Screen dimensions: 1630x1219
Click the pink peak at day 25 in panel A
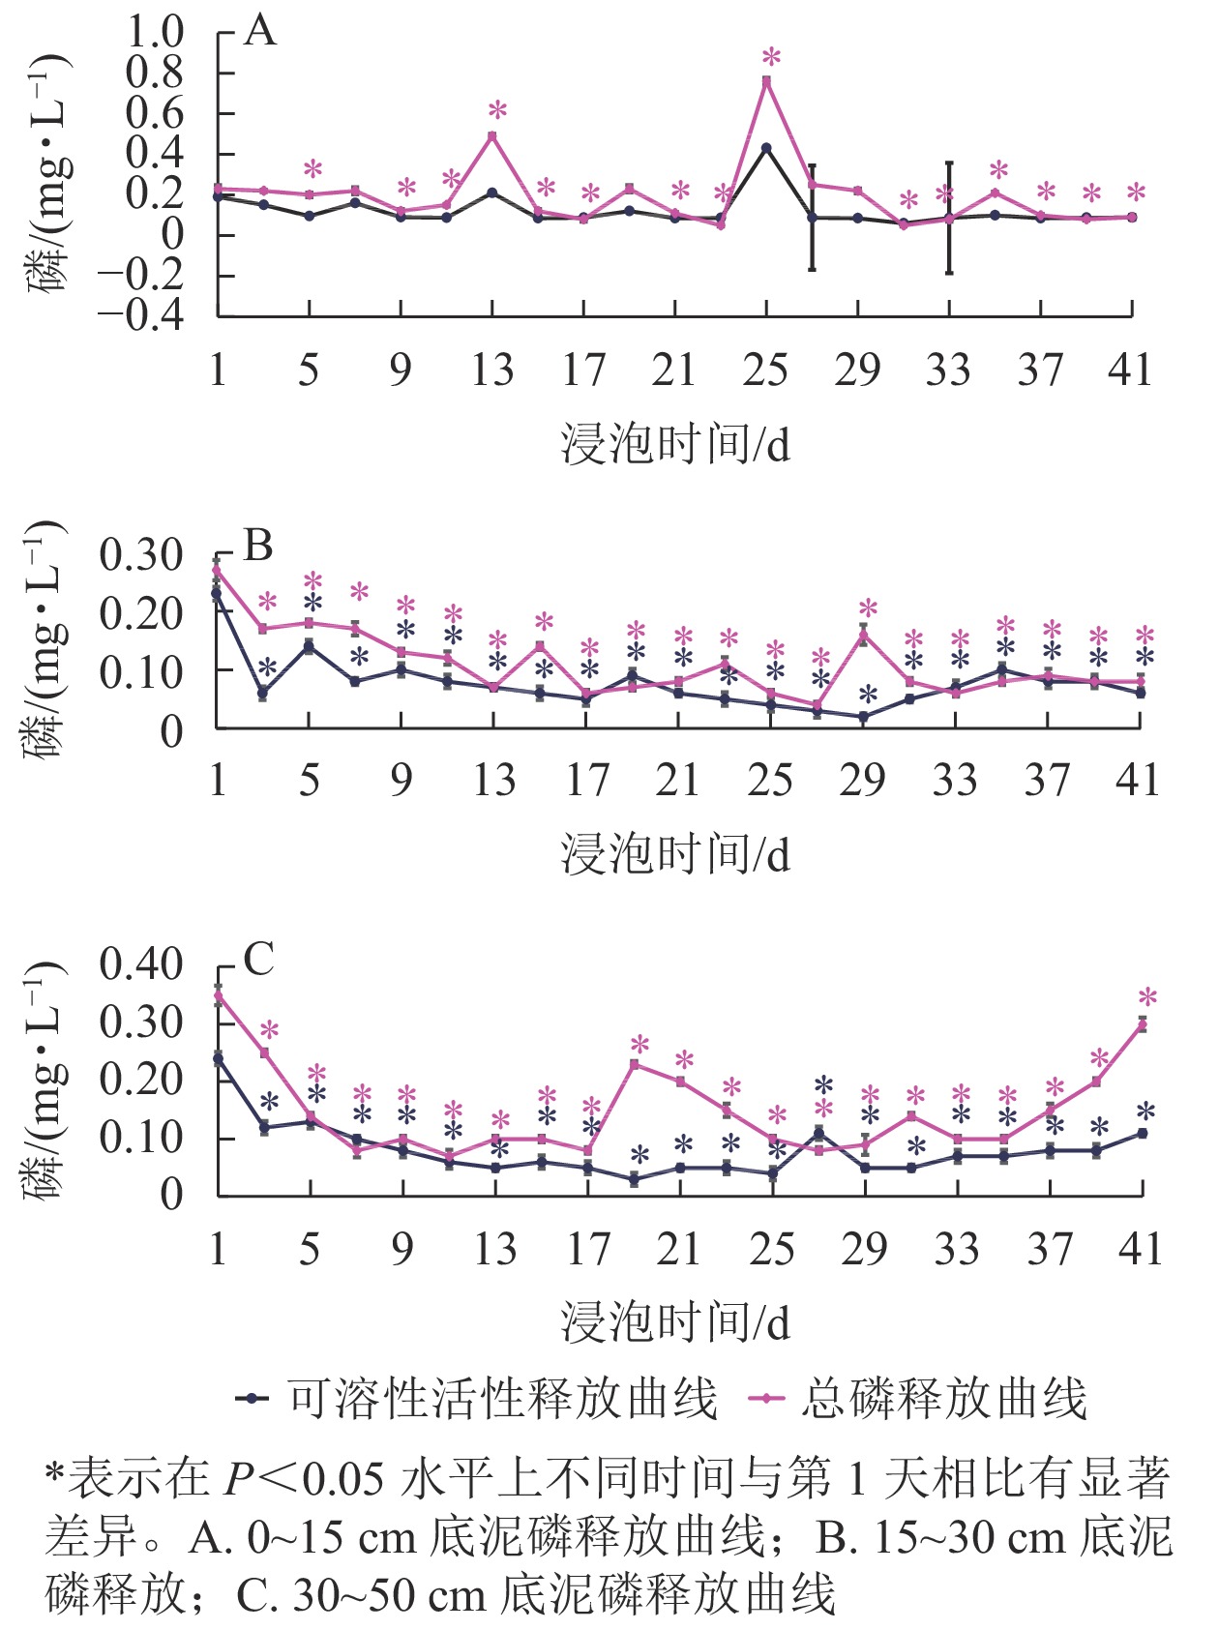point(766,81)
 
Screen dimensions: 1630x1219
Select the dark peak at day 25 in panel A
point(766,148)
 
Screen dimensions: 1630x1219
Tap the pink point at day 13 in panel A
point(492,136)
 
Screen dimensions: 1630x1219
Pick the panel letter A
point(260,32)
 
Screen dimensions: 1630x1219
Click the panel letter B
point(258,547)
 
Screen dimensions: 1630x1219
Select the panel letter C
point(258,960)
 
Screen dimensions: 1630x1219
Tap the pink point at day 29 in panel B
point(863,635)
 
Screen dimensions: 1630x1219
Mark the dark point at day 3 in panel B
point(263,693)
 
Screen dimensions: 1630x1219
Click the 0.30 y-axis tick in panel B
point(141,555)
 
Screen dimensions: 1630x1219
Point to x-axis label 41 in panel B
point(1137,780)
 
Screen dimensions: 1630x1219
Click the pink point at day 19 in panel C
point(635,1065)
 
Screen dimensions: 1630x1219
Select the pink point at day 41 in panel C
point(1142,1024)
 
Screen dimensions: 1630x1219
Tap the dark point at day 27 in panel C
point(818,1132)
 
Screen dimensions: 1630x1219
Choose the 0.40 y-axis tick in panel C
point(141,964)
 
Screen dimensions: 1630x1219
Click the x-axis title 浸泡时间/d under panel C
point(675,1321)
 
